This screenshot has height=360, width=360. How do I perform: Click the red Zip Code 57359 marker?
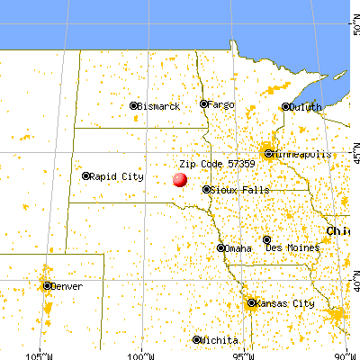click(x=180, y=180)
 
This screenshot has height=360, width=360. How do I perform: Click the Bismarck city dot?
click(x=134, y=105)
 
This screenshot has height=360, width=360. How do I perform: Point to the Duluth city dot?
click(x=288, y=107)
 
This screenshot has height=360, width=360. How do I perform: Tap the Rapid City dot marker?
click(x=86, y=176)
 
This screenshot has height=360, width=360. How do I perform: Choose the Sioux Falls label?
click(x=236, y=190)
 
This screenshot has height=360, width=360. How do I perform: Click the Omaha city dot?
click(x=221, y=247)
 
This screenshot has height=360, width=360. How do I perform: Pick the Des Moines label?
click(x=292, y=240)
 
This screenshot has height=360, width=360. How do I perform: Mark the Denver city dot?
click(x=46, y=285)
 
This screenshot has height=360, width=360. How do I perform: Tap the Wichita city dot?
click(x=197, y=339)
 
